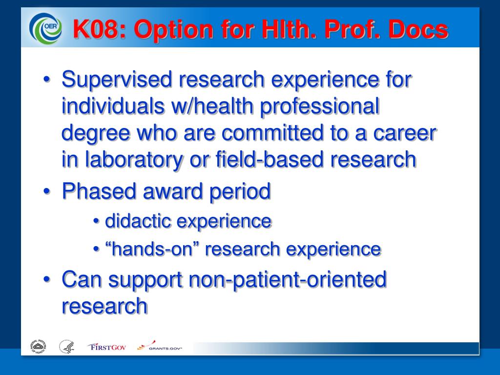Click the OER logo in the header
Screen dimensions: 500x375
point(45,28)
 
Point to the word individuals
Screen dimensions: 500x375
point(113,105)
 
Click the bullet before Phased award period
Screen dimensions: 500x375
point(47,191)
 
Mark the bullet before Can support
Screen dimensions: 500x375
point(47,279)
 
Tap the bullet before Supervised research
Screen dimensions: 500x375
point(47,79)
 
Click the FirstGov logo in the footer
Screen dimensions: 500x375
point(107,347)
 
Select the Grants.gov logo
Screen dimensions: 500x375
point(160,346)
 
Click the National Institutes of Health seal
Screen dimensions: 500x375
point(38,347)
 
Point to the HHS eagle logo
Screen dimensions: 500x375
point(67,347)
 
